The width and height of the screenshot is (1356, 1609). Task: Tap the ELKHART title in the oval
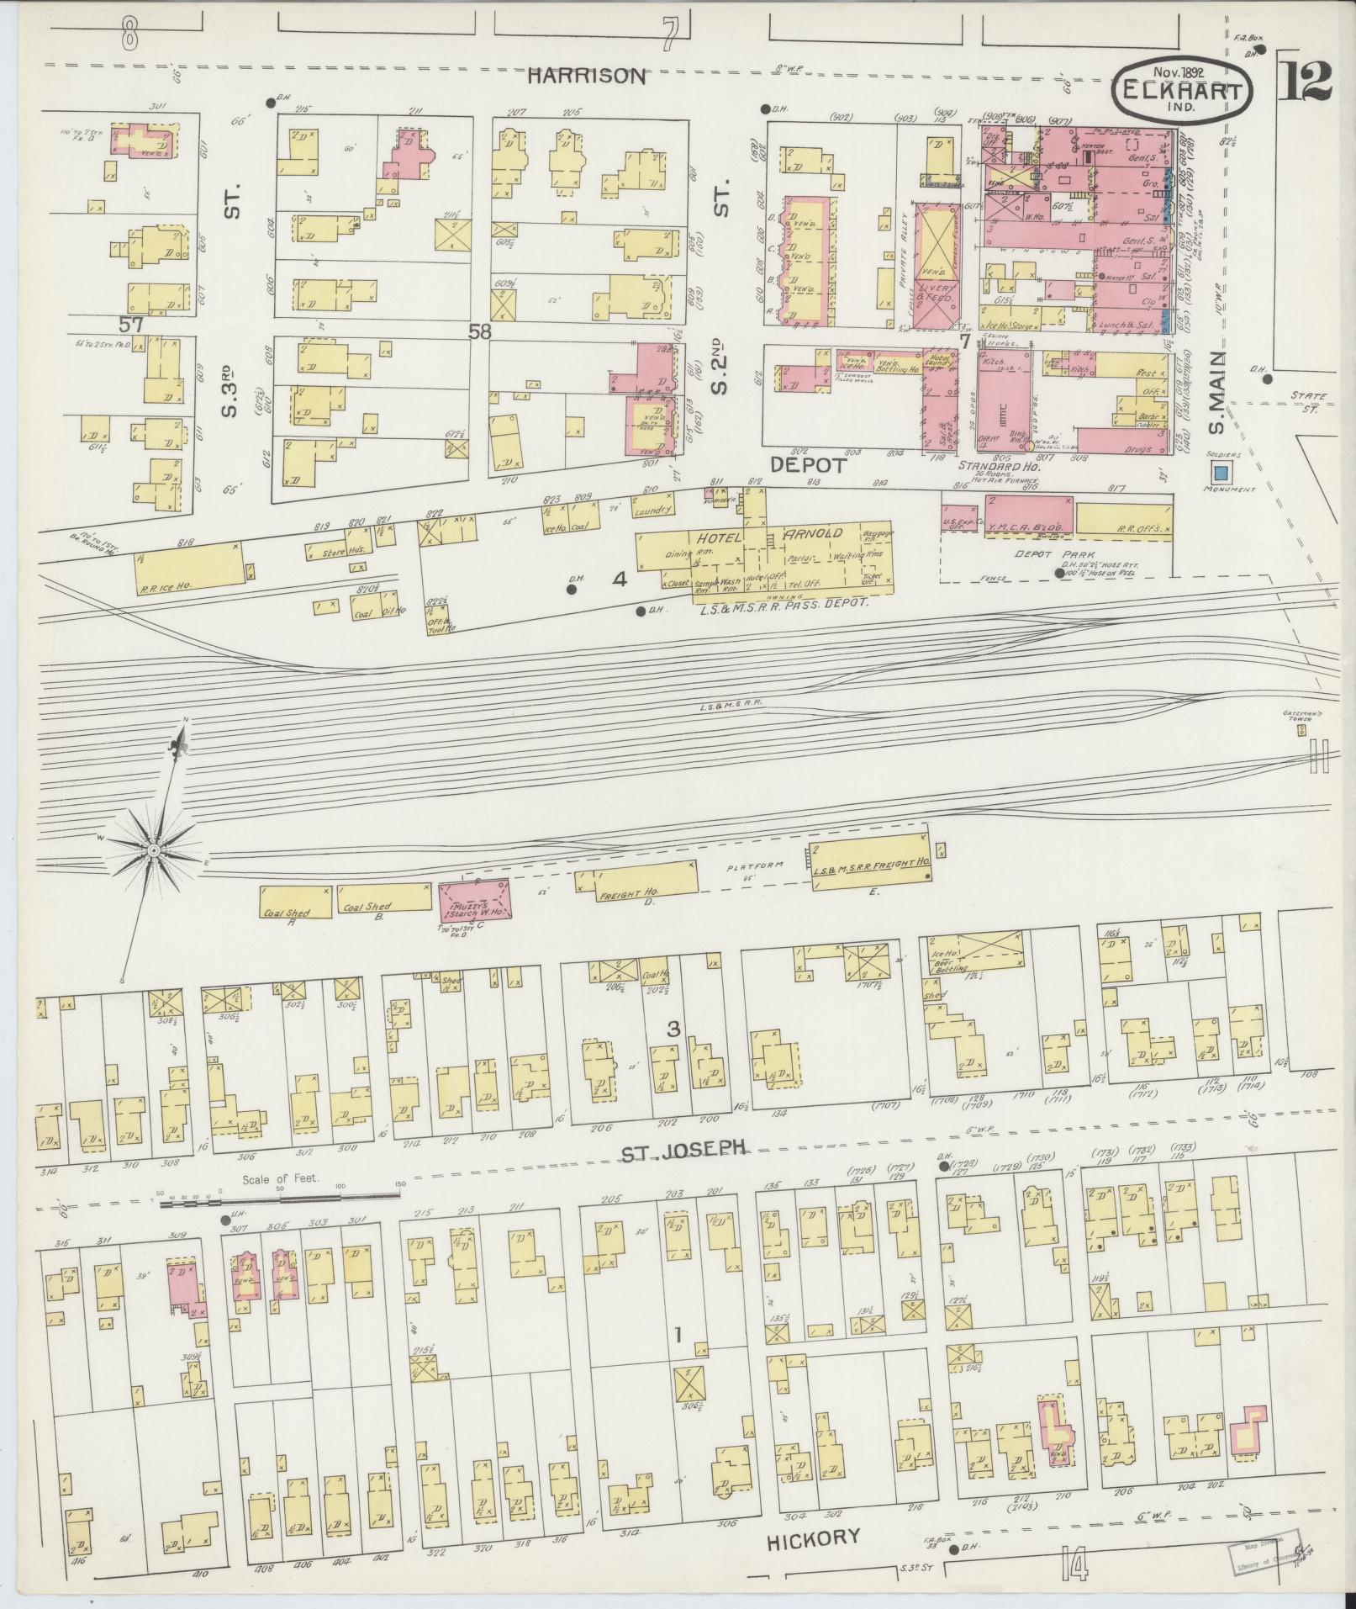tap(1183, 91)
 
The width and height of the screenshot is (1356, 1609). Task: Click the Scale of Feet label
tap(281, 1178)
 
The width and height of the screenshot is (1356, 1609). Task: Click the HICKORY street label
tap(814, 1538)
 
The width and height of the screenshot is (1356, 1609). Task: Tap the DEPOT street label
tap(808, 463)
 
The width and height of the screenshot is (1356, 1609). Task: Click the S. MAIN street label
tap(1216, 393)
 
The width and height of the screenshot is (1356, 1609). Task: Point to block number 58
tap(480, 332)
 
